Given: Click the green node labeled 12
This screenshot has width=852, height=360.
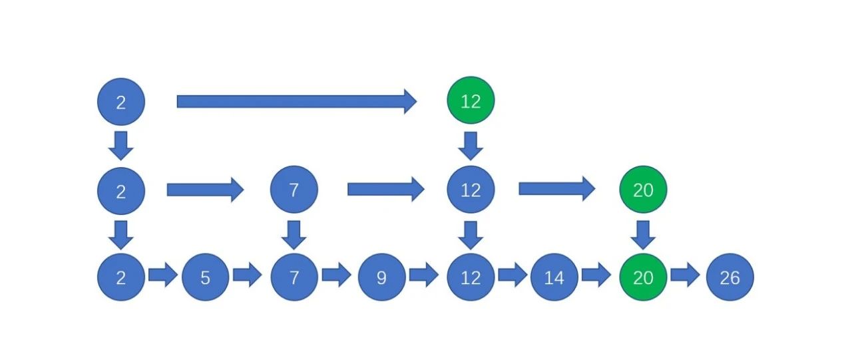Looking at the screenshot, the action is [471, 100].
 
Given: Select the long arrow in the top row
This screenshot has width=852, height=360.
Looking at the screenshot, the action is [297, 102].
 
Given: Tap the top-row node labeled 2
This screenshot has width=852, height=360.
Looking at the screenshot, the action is [121, 102].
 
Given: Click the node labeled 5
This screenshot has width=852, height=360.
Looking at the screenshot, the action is [206, 277].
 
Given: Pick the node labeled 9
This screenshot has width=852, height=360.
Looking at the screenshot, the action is [381, 277].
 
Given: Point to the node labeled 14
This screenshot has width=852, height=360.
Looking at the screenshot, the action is [554, 277].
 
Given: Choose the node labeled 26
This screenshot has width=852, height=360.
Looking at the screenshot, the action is [730, 277].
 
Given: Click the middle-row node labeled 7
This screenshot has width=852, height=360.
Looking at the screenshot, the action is [294, 189].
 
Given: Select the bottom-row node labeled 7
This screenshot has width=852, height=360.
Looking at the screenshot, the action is [294, 277].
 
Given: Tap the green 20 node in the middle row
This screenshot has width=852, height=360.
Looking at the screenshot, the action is [643, 189].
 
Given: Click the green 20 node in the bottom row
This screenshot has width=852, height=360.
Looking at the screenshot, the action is [643, 277].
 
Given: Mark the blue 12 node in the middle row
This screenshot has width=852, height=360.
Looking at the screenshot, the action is [471, 189].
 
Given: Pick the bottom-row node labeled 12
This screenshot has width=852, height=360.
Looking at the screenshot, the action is [471, 277].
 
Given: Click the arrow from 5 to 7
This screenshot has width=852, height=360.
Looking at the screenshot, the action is [248, 274].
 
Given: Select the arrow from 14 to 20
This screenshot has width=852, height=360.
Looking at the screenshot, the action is [596, 274].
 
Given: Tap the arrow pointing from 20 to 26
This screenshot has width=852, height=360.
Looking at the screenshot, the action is [685, 274].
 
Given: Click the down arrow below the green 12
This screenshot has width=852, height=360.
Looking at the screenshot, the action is [471, 146].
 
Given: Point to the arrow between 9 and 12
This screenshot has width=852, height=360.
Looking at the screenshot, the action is [424, 274].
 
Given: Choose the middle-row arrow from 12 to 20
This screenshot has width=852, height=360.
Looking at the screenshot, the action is [557, 188].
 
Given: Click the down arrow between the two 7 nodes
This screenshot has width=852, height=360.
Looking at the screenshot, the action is [294, 235].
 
